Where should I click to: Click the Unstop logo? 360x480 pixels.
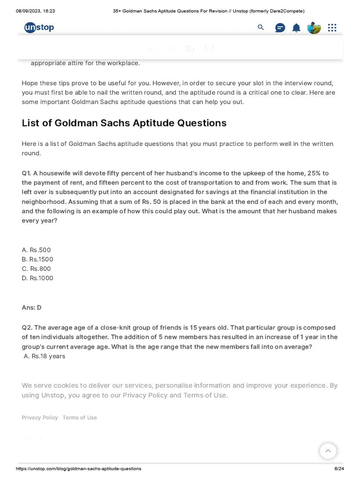click(39, 28)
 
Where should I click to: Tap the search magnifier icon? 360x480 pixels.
click(261, 28)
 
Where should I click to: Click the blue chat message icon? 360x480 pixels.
click(280, 28)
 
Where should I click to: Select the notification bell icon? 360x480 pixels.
click(296, 28)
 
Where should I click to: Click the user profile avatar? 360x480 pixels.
click(314, 28)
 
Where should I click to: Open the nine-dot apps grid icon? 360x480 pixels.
click(332, 28)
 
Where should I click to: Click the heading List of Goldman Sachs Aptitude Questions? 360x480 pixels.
click(124, 123)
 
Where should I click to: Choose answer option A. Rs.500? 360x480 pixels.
click(36, 250)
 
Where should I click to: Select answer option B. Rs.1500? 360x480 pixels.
click(37, 259)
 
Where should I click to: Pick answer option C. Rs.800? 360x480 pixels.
click(36, 269)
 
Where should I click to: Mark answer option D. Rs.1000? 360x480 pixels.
click(37, 278)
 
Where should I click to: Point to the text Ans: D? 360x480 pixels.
click(31, 307)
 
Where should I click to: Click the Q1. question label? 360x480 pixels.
click(26, 173)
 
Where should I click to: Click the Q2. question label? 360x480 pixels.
click(27, 328)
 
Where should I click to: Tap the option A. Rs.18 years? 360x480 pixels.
click(45, 356)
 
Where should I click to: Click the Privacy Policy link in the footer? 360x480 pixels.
click(40, 418)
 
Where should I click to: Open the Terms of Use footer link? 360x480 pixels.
click(80, 418)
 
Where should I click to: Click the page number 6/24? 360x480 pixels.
click(339, 469)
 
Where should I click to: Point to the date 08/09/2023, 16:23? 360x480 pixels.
click(36, 11)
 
